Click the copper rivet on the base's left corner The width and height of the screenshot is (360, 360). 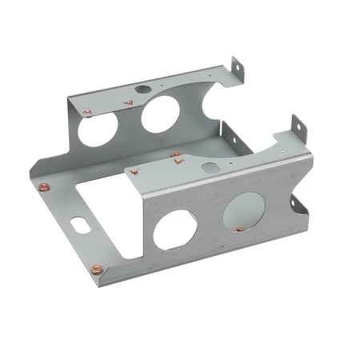coord(44,187)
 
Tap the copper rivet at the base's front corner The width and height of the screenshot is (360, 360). coord(97,269)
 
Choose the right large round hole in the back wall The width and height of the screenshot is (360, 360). coord(162,114)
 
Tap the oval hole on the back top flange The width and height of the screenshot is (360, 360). coord(143,90)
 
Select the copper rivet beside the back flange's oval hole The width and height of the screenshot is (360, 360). coord(128,102)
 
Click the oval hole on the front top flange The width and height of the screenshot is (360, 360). coord(210,168)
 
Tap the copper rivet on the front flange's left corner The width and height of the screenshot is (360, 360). coord(134,171)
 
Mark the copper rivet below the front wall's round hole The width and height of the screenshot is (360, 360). coord(238,230)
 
